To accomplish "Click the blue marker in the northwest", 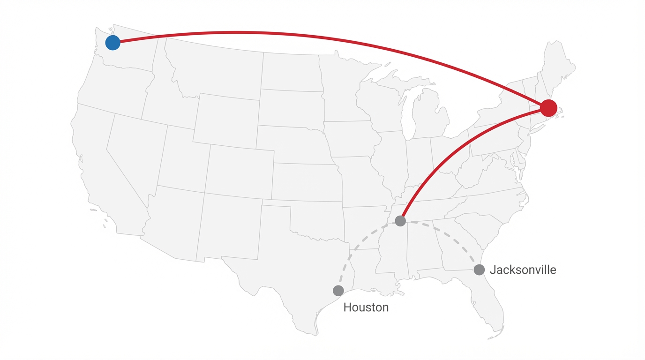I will (x=112, y=43).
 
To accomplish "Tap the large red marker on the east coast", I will (x=548, y=108).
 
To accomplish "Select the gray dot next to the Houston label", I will (x=338, y=291).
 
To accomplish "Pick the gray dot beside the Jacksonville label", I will (x=479, y=270).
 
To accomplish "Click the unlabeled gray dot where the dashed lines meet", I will (x=400, y=221).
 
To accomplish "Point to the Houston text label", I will (x=366, y=307).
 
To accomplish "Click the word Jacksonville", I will (x=523, y=270).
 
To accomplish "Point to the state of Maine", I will (x=558, y=66).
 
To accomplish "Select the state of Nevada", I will (x=136, y=155).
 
